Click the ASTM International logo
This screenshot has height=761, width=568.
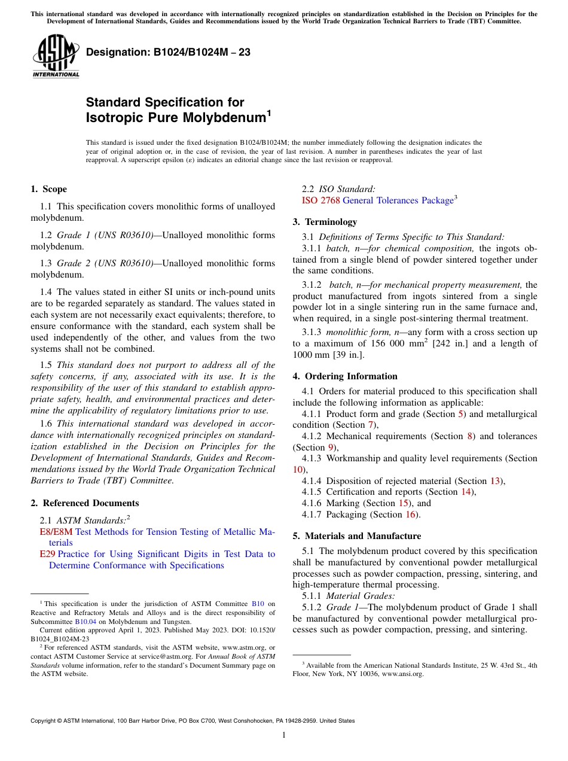pyautogui.click(x=56, y=56)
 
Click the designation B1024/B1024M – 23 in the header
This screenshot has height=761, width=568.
pyautogui.click(x=168, y=52)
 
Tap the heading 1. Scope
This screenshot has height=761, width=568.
pyautogui.click(x=48, y=189)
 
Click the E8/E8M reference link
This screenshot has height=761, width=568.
pyautogui.click(x=56, y=532)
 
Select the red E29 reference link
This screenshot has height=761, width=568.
pyautogui.click(x=47, y=554)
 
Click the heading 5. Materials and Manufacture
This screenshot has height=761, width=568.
pyautogui.click(x=356, y=536)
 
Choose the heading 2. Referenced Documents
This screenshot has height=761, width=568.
pyautogui.click(x=84, y=503)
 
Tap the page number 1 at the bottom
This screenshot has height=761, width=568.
pyautogui.click(x=284, y=735)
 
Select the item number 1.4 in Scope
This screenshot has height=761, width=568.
pyautogui.click(x=45, y=292)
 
